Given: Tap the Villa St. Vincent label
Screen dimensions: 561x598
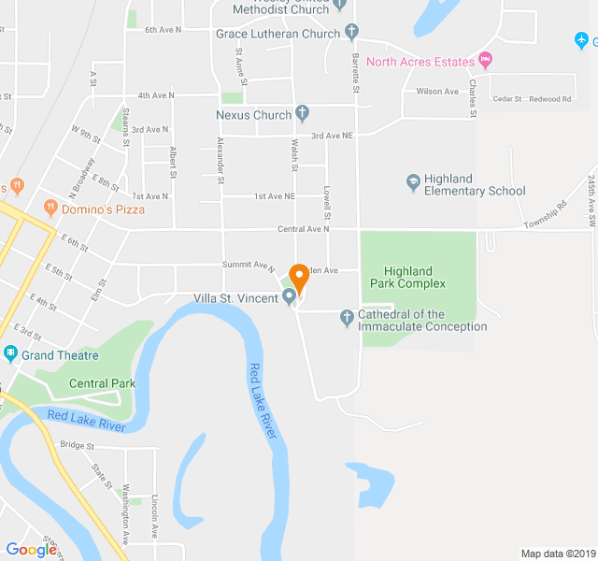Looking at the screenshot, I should (237, 298).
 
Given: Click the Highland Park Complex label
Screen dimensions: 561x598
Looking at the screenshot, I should (406, 277).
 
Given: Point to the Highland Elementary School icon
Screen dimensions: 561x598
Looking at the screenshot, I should (414, 181).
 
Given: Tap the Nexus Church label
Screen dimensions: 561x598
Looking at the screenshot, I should (253, 115).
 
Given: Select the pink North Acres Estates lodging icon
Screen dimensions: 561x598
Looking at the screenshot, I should (484, 62).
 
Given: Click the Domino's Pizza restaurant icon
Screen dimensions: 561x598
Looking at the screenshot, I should (50, 209).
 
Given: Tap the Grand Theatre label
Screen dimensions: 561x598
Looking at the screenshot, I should (61, 355).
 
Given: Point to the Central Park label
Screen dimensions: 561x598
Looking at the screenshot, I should (102, 383).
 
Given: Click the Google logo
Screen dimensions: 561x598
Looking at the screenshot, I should (31, 550).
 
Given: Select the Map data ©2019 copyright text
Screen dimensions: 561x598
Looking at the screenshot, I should (557, 554).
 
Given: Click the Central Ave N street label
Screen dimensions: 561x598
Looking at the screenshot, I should (304, 229).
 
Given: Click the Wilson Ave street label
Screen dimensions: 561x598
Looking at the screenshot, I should (437, 92).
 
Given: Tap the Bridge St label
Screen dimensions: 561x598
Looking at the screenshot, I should (77, 445).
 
